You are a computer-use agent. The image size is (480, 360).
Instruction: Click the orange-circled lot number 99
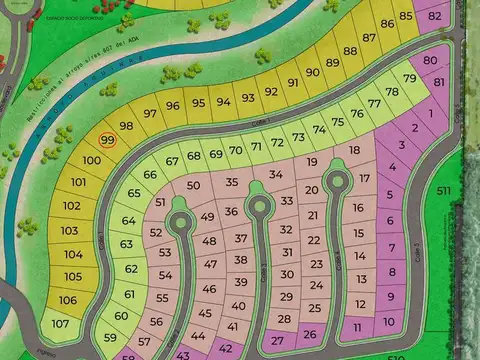[109, 141]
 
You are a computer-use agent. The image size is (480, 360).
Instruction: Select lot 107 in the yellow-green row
[61, 323]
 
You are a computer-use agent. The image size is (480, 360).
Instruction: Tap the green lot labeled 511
[443, 190]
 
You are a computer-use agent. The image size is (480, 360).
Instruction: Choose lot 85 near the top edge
[405, 15]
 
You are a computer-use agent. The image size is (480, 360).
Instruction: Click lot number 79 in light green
[409, 79]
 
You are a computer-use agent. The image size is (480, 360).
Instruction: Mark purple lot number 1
[430, 113]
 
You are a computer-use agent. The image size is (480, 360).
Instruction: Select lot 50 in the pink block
[193, 185]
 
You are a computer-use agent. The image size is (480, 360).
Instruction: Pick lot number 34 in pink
[275, 174]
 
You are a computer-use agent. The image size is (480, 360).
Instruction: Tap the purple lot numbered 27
[277, 339]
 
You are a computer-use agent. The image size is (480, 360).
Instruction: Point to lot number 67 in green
[172, 160]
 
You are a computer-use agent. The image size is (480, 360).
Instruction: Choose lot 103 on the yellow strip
[69, 230]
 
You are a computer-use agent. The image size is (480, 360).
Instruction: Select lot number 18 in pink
[354, 151]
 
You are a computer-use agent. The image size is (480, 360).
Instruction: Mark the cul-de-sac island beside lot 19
[337, 181]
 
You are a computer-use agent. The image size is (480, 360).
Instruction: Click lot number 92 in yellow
[270, 91]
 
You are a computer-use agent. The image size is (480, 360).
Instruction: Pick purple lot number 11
[358, 327]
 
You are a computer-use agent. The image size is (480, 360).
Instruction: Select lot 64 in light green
[129, 221]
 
